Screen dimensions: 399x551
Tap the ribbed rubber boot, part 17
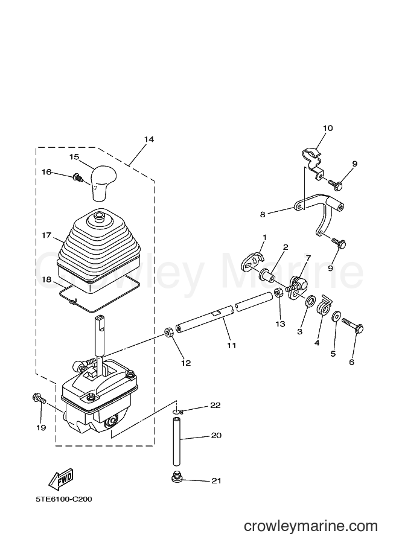99,252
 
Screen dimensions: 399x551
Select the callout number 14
148,139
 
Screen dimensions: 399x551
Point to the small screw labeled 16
77,177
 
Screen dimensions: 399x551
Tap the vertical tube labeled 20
176,441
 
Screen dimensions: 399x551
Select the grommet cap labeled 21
176,477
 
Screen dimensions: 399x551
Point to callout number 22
215,405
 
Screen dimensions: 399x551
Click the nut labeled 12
168,332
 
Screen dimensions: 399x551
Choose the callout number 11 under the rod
231,345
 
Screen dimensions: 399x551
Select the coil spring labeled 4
324,305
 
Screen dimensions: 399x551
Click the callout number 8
263,214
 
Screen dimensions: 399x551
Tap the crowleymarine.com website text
311,526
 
